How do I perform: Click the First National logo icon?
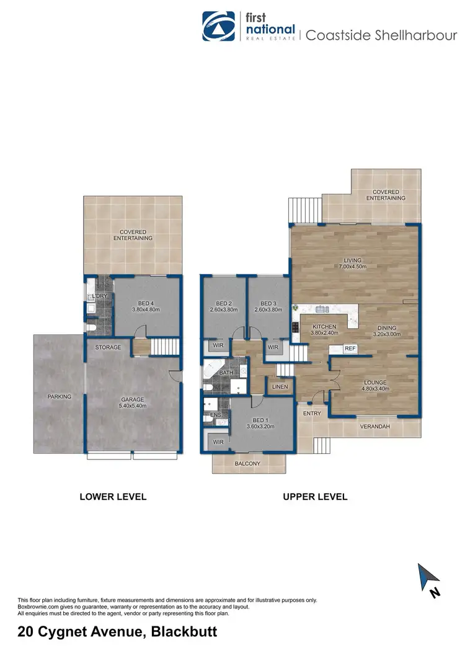[219, 27]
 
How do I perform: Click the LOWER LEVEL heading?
[113, 497]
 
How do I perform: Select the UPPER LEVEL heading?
[315, 497]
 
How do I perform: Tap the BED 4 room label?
[146, 305]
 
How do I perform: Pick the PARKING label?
[60, 396]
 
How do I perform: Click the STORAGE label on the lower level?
[108, 347]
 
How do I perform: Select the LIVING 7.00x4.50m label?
[353, 264]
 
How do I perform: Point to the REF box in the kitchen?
[349, 349]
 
